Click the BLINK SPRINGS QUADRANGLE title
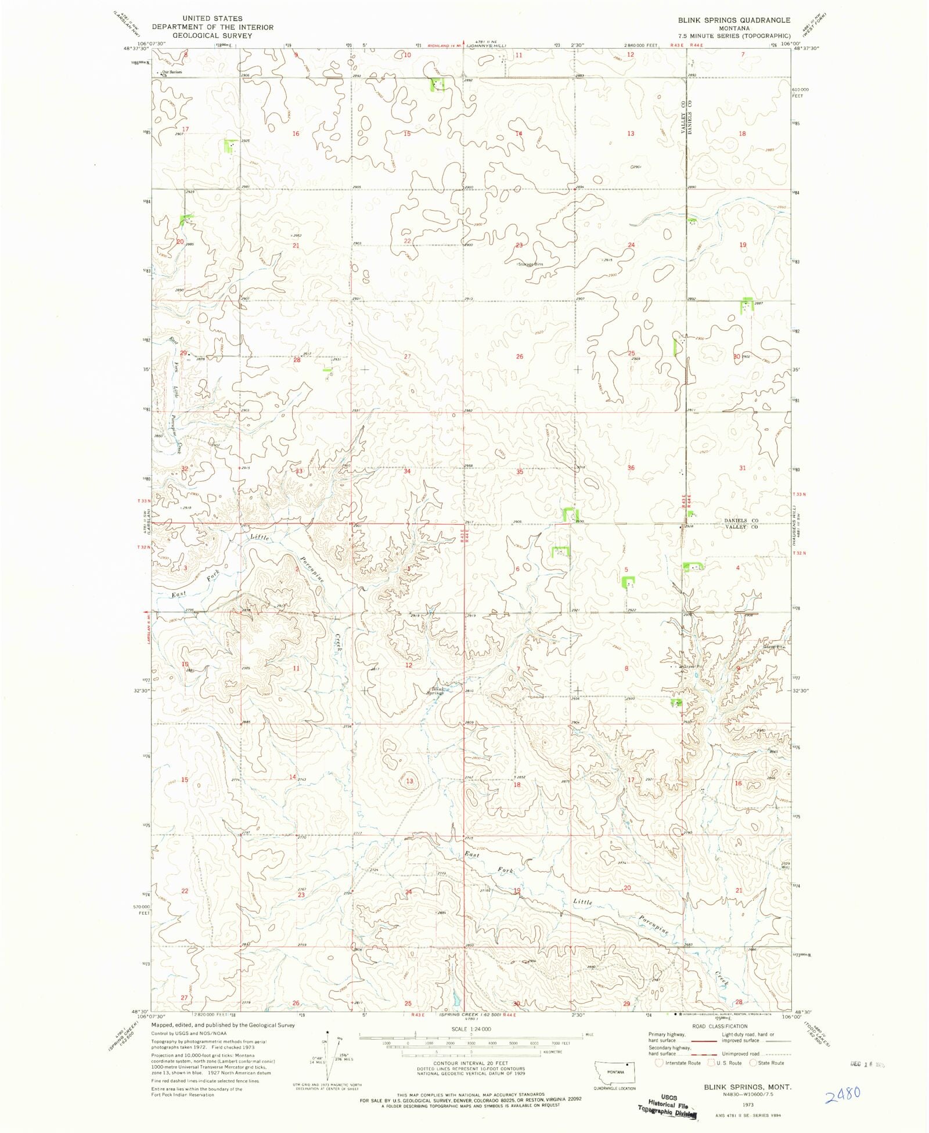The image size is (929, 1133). tap(734, 20)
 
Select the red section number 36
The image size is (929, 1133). tap(631, 468)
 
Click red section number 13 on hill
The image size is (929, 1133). tap(409, 781)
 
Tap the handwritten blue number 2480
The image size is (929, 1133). tap(842, 1095)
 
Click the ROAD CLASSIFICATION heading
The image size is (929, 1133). tap(719, 1026)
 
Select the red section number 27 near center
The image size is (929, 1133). tap(407, 356)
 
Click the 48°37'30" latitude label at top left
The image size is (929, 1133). tap(137, 49)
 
